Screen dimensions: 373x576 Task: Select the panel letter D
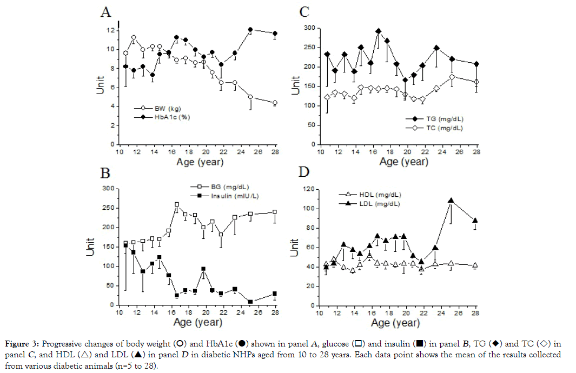pyautogui.click(x=305, y=174)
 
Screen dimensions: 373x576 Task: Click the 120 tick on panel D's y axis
pyautogui.click(x=308, y=189)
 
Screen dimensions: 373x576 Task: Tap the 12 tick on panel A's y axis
pyautogui.click(x=110, y=30)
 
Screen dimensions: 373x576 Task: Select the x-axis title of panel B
pyautogui.click(x=199, y=322)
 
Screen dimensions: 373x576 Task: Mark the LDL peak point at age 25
pyautogui.click(x=451, y=201)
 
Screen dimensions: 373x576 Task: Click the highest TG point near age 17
pyautogui.click(x=379, y=31)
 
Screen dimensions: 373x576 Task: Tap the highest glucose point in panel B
pyautogui.click(x=176, y=205)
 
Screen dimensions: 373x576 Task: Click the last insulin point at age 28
pyautogui.click(x=275, y=294)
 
